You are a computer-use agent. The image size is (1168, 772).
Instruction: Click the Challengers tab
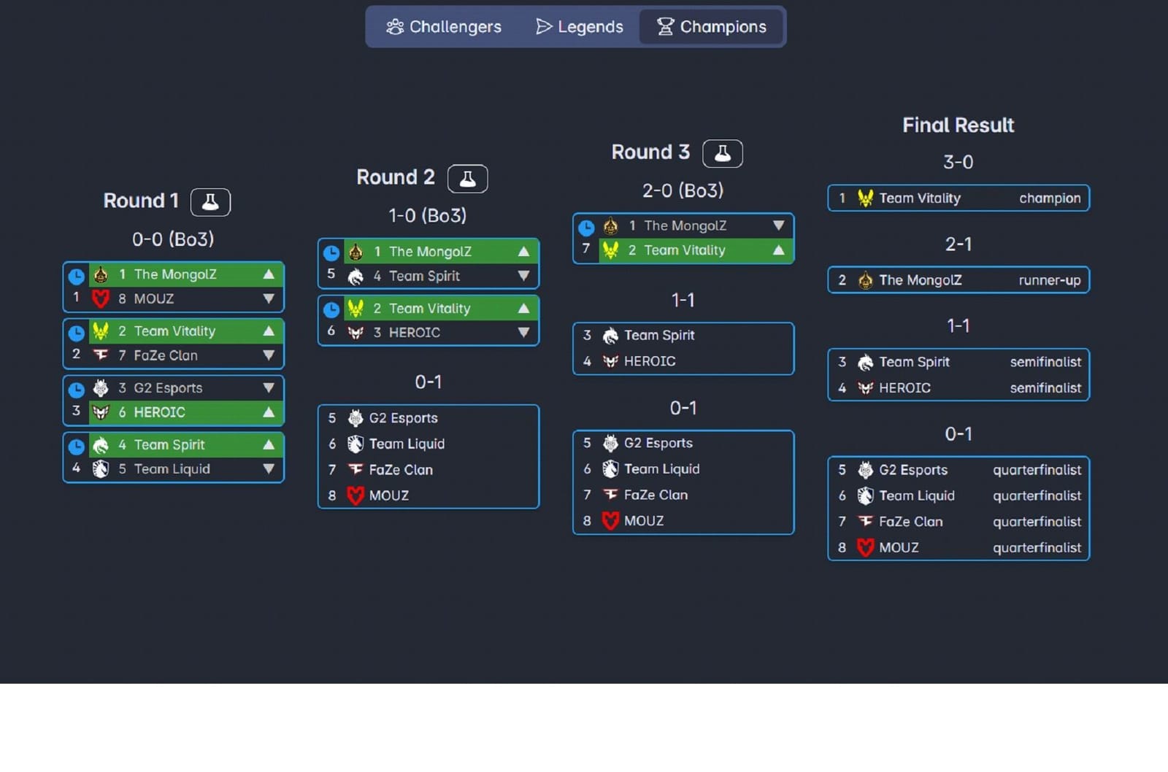point(444,27)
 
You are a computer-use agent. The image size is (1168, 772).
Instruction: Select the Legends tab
point(580,27)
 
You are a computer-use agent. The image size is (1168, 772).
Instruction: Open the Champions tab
point(712,27)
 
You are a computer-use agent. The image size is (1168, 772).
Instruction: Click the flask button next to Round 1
point(210,202)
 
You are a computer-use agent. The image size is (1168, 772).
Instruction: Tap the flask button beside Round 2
point(467,179)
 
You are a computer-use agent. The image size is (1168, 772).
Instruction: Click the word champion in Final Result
point(1049,198)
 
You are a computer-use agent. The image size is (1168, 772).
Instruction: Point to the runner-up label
point(1049,280)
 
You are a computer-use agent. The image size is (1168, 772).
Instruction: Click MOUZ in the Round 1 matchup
point(154,298)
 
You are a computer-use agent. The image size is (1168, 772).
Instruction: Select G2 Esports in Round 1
point(168,388)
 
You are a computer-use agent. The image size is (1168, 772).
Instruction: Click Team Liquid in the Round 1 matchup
point(172,469)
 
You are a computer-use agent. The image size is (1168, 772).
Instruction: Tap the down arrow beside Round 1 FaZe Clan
point(269,355)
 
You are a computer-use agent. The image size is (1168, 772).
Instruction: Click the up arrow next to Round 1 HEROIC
point(269,412)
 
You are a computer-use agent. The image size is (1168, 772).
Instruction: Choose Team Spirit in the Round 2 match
point(424,277)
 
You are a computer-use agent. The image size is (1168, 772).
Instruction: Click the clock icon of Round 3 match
point(586,228)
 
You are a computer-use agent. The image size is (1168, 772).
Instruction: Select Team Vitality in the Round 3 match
point(684,250)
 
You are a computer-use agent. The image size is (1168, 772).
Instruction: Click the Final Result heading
point(958,126)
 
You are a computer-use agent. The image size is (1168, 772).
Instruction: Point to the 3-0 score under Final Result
point(958,162)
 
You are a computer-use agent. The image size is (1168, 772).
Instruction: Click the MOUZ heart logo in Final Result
point(865,548)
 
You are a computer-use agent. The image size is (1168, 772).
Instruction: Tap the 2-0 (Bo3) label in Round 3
point(683,190)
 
